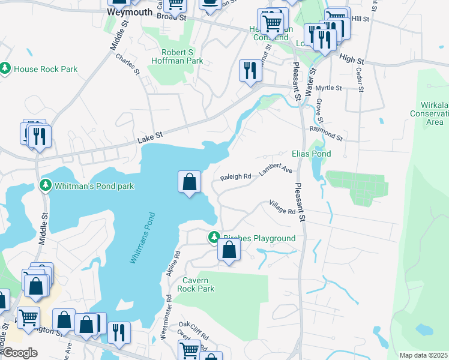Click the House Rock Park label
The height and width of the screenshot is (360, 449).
(46, 69)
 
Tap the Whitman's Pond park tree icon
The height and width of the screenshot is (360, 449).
(44, 185)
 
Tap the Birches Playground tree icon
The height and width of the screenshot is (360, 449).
(214, 238)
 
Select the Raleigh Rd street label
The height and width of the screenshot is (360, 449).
(235, 177)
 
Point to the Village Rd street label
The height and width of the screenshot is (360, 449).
(282, 208)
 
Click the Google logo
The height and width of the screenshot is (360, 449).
(20, 353)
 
